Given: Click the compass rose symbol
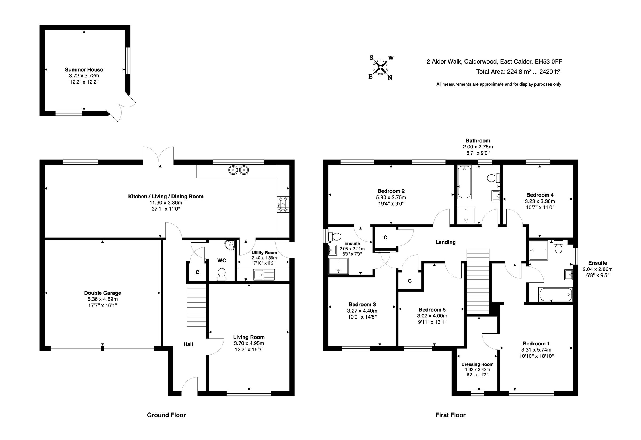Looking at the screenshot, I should (x=381, y=67).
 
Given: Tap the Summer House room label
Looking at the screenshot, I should (x=84, y=70).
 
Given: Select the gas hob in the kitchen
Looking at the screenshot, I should (x=283, y=204).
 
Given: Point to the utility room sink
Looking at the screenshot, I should (x=264, y=274).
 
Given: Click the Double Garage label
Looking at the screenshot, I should (x=103, y=293).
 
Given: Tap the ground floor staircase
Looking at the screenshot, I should (x=196, y=305).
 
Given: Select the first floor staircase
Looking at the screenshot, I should (x=478, y=281).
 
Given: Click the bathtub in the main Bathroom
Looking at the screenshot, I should (x=464, y=182).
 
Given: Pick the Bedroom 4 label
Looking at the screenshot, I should (x=540, y=195).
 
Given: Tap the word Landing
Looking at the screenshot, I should (x=445, y=242).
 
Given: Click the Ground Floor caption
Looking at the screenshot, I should (x=166, y=415).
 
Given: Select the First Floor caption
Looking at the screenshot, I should (x=450, y=415).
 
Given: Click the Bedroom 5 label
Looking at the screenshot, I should (x=432, y=310).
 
